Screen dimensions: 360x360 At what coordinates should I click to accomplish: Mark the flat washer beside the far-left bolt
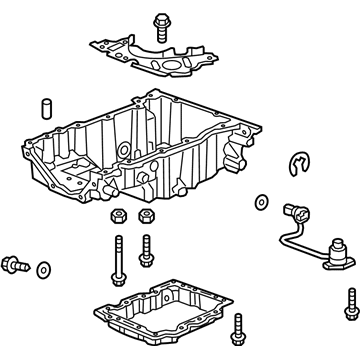point(44,270)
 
